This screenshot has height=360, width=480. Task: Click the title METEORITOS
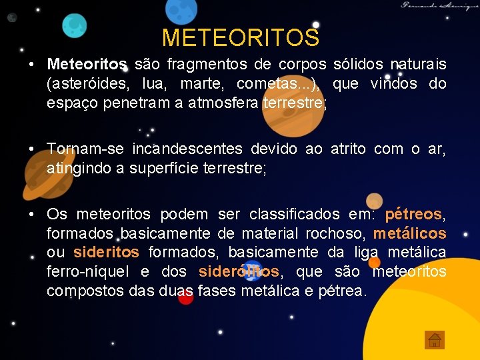point(240,37)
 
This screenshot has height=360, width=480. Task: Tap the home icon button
point(434,340)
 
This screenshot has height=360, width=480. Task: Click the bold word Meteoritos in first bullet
point(87,65)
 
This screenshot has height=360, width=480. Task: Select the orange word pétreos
point(413,215)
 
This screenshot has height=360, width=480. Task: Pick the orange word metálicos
point(409,234)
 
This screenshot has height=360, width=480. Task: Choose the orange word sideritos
point(106,253)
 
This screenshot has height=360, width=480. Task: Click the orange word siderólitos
point(239,272)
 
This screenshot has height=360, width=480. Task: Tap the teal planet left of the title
point(75,25)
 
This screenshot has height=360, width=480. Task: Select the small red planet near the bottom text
point(186,297)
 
